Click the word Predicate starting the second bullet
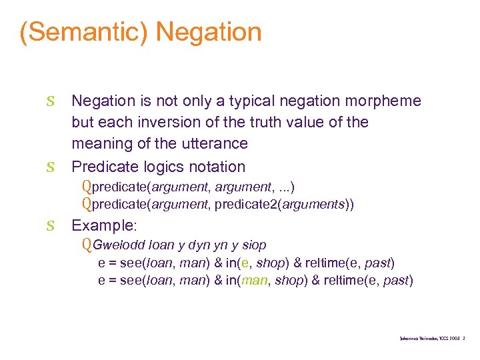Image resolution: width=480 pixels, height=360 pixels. (x=104, y=166)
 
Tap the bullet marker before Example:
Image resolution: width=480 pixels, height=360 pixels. (x=51, y=225)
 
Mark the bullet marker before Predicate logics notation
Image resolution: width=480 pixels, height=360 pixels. (x=51, y=167)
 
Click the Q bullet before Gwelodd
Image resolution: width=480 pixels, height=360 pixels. (x=87, y=244)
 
